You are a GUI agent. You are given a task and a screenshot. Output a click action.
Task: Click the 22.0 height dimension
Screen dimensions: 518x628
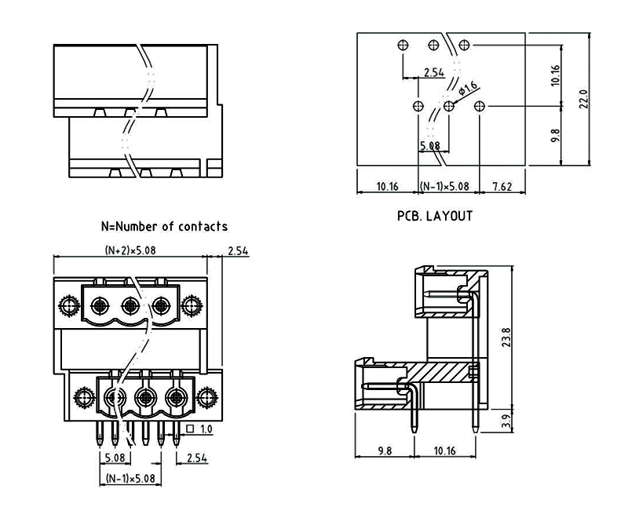[x=583, y=100]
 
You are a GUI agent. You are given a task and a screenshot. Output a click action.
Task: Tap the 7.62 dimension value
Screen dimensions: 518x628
[x=502, y=187]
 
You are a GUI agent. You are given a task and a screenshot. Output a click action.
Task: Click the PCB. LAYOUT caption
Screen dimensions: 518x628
[x=435, y=215]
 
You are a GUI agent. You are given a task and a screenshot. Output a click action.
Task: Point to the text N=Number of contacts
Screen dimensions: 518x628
[x=165, y=226]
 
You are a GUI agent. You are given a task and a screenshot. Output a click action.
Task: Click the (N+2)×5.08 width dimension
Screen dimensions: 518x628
[x=130, y=250]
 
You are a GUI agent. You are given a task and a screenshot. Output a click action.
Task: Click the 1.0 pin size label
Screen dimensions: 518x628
[x=206, y=429]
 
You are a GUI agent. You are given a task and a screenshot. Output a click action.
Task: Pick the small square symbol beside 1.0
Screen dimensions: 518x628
[x=192, y=429]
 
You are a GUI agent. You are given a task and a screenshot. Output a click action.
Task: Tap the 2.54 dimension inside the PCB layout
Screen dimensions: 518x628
[x=433, y=72]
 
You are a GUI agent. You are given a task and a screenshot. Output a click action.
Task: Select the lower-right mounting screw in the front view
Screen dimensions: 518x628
[x=206, y=396]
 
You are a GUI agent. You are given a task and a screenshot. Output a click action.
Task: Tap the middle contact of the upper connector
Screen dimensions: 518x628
[x=131, y=305]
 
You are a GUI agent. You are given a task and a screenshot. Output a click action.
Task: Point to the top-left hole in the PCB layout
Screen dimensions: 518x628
[x=403, y=45]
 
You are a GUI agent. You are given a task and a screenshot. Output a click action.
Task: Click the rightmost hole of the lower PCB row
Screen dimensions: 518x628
[x=481, y=106]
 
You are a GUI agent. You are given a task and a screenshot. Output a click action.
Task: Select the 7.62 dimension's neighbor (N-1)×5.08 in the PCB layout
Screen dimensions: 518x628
[x=445, y=187]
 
